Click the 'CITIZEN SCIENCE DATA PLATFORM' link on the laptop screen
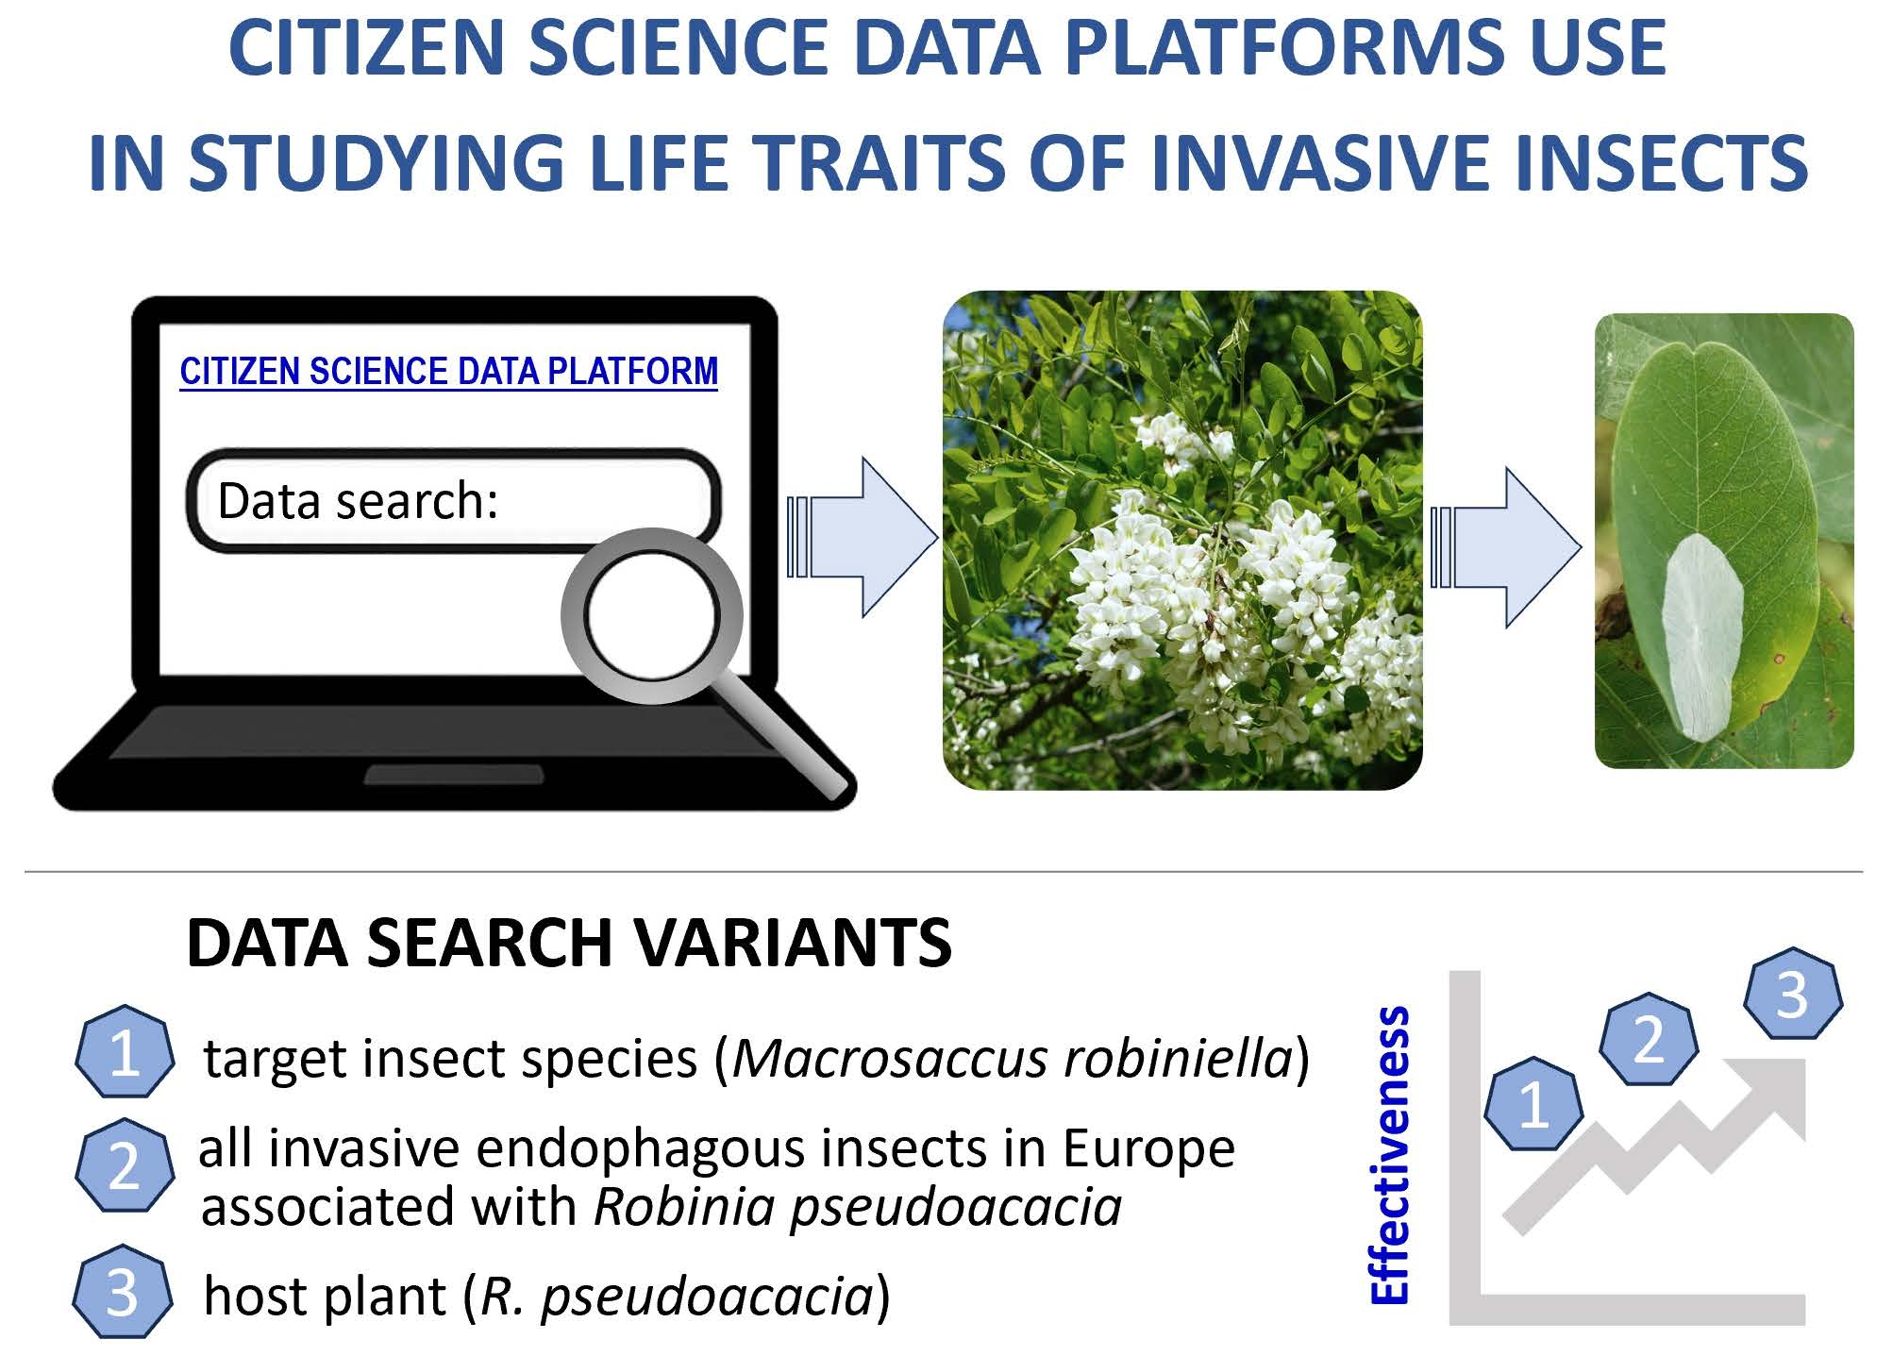449,371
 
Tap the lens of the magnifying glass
651,614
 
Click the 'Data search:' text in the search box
358,500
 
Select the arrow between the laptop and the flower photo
862,538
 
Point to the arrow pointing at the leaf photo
1505,547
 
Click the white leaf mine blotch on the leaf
1700,637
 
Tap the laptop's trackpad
454,775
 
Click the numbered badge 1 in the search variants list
125,1051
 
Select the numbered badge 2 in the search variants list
125,1165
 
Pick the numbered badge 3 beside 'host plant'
123,1292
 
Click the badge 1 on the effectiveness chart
1533,1103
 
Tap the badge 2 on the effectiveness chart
1649,1039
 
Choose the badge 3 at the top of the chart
1792,993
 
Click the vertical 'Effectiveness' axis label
1389,1156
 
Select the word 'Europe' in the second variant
1148,1148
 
